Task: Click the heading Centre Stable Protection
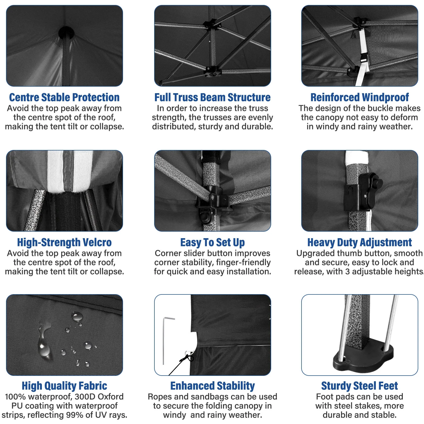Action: click(64, 97)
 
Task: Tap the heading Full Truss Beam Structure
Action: click(213, 97)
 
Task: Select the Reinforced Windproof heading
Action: click(360, 97)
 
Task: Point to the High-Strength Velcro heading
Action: click(64, 242)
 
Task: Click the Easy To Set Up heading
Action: click(213, 242)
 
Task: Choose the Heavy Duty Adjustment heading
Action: click(360, 242)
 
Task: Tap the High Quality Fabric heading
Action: click(64, 386)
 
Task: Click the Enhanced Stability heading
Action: click(213, 386)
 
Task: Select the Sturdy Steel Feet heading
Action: click(360, 386)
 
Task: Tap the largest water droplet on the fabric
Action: click(44, 345)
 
